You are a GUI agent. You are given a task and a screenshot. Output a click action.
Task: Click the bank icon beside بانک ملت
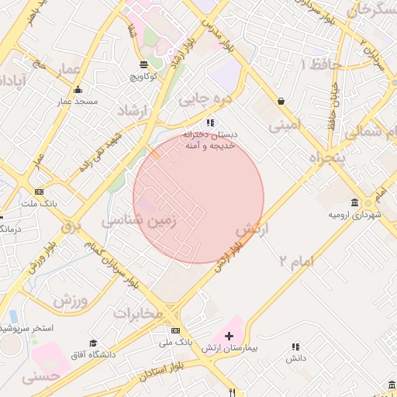click(40, 192)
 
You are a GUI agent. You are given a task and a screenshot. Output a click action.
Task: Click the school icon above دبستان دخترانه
click(210, 123)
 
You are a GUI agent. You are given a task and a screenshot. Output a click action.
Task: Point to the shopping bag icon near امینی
click(280, 101)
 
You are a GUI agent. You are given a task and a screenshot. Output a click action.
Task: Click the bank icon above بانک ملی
click(175, 330)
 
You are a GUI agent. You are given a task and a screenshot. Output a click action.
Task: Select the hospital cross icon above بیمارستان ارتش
click(229, 336)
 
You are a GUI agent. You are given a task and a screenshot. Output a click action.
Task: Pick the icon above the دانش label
click(295, 347)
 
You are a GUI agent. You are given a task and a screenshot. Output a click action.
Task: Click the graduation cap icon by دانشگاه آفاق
click(93, 343)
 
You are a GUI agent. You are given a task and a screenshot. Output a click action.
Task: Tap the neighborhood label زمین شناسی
click(140, 221)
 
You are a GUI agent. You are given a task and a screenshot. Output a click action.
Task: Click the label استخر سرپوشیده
click(23, 328)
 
